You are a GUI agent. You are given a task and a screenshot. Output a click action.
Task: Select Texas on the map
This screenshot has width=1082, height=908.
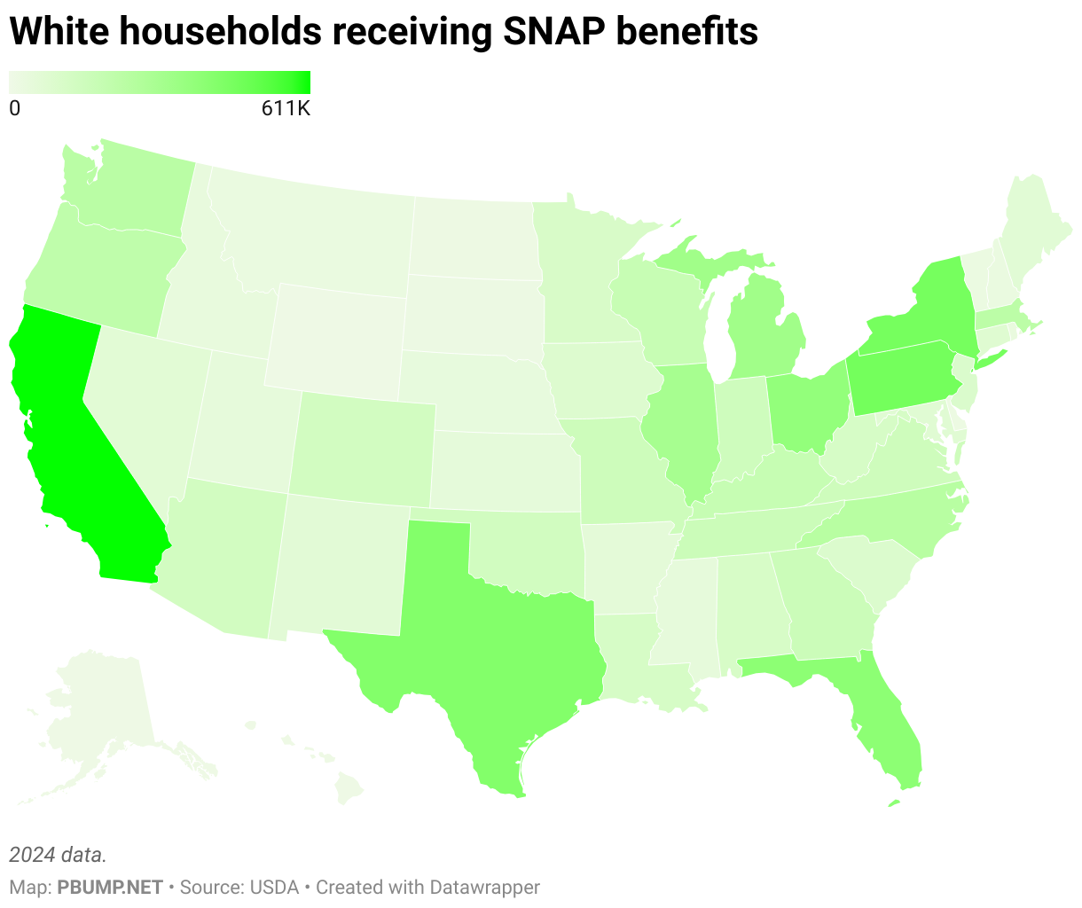coord(497,638)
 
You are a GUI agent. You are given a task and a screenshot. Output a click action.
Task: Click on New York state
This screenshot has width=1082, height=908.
coord(922,310)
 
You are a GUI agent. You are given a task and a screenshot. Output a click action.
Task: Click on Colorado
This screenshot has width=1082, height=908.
coord(364,443)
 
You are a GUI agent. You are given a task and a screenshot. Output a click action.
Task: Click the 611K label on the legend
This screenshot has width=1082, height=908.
coord(285,109)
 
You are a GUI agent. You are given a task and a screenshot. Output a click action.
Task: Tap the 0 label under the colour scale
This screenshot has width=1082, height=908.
coord(14,109)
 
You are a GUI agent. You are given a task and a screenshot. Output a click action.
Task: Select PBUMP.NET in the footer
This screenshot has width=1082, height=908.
coord(110,887)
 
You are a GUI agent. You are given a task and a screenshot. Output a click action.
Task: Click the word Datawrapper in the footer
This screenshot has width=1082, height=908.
coord(484,887)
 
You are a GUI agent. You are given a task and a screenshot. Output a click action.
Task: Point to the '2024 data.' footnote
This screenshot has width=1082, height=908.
coord(58,855)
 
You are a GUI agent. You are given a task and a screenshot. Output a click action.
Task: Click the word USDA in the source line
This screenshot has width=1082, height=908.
coord(274,887)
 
